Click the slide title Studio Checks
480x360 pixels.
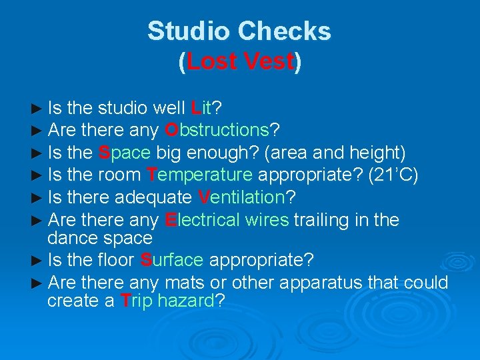point(239,31)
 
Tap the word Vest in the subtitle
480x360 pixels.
point(268,62)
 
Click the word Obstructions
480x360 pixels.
point(216,130)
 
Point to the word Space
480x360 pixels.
point(125,153)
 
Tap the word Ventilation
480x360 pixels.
point(241,198)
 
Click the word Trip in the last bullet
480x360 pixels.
point(138,301)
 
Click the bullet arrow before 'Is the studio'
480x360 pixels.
point(38,108)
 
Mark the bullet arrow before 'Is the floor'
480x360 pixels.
point(38,260)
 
